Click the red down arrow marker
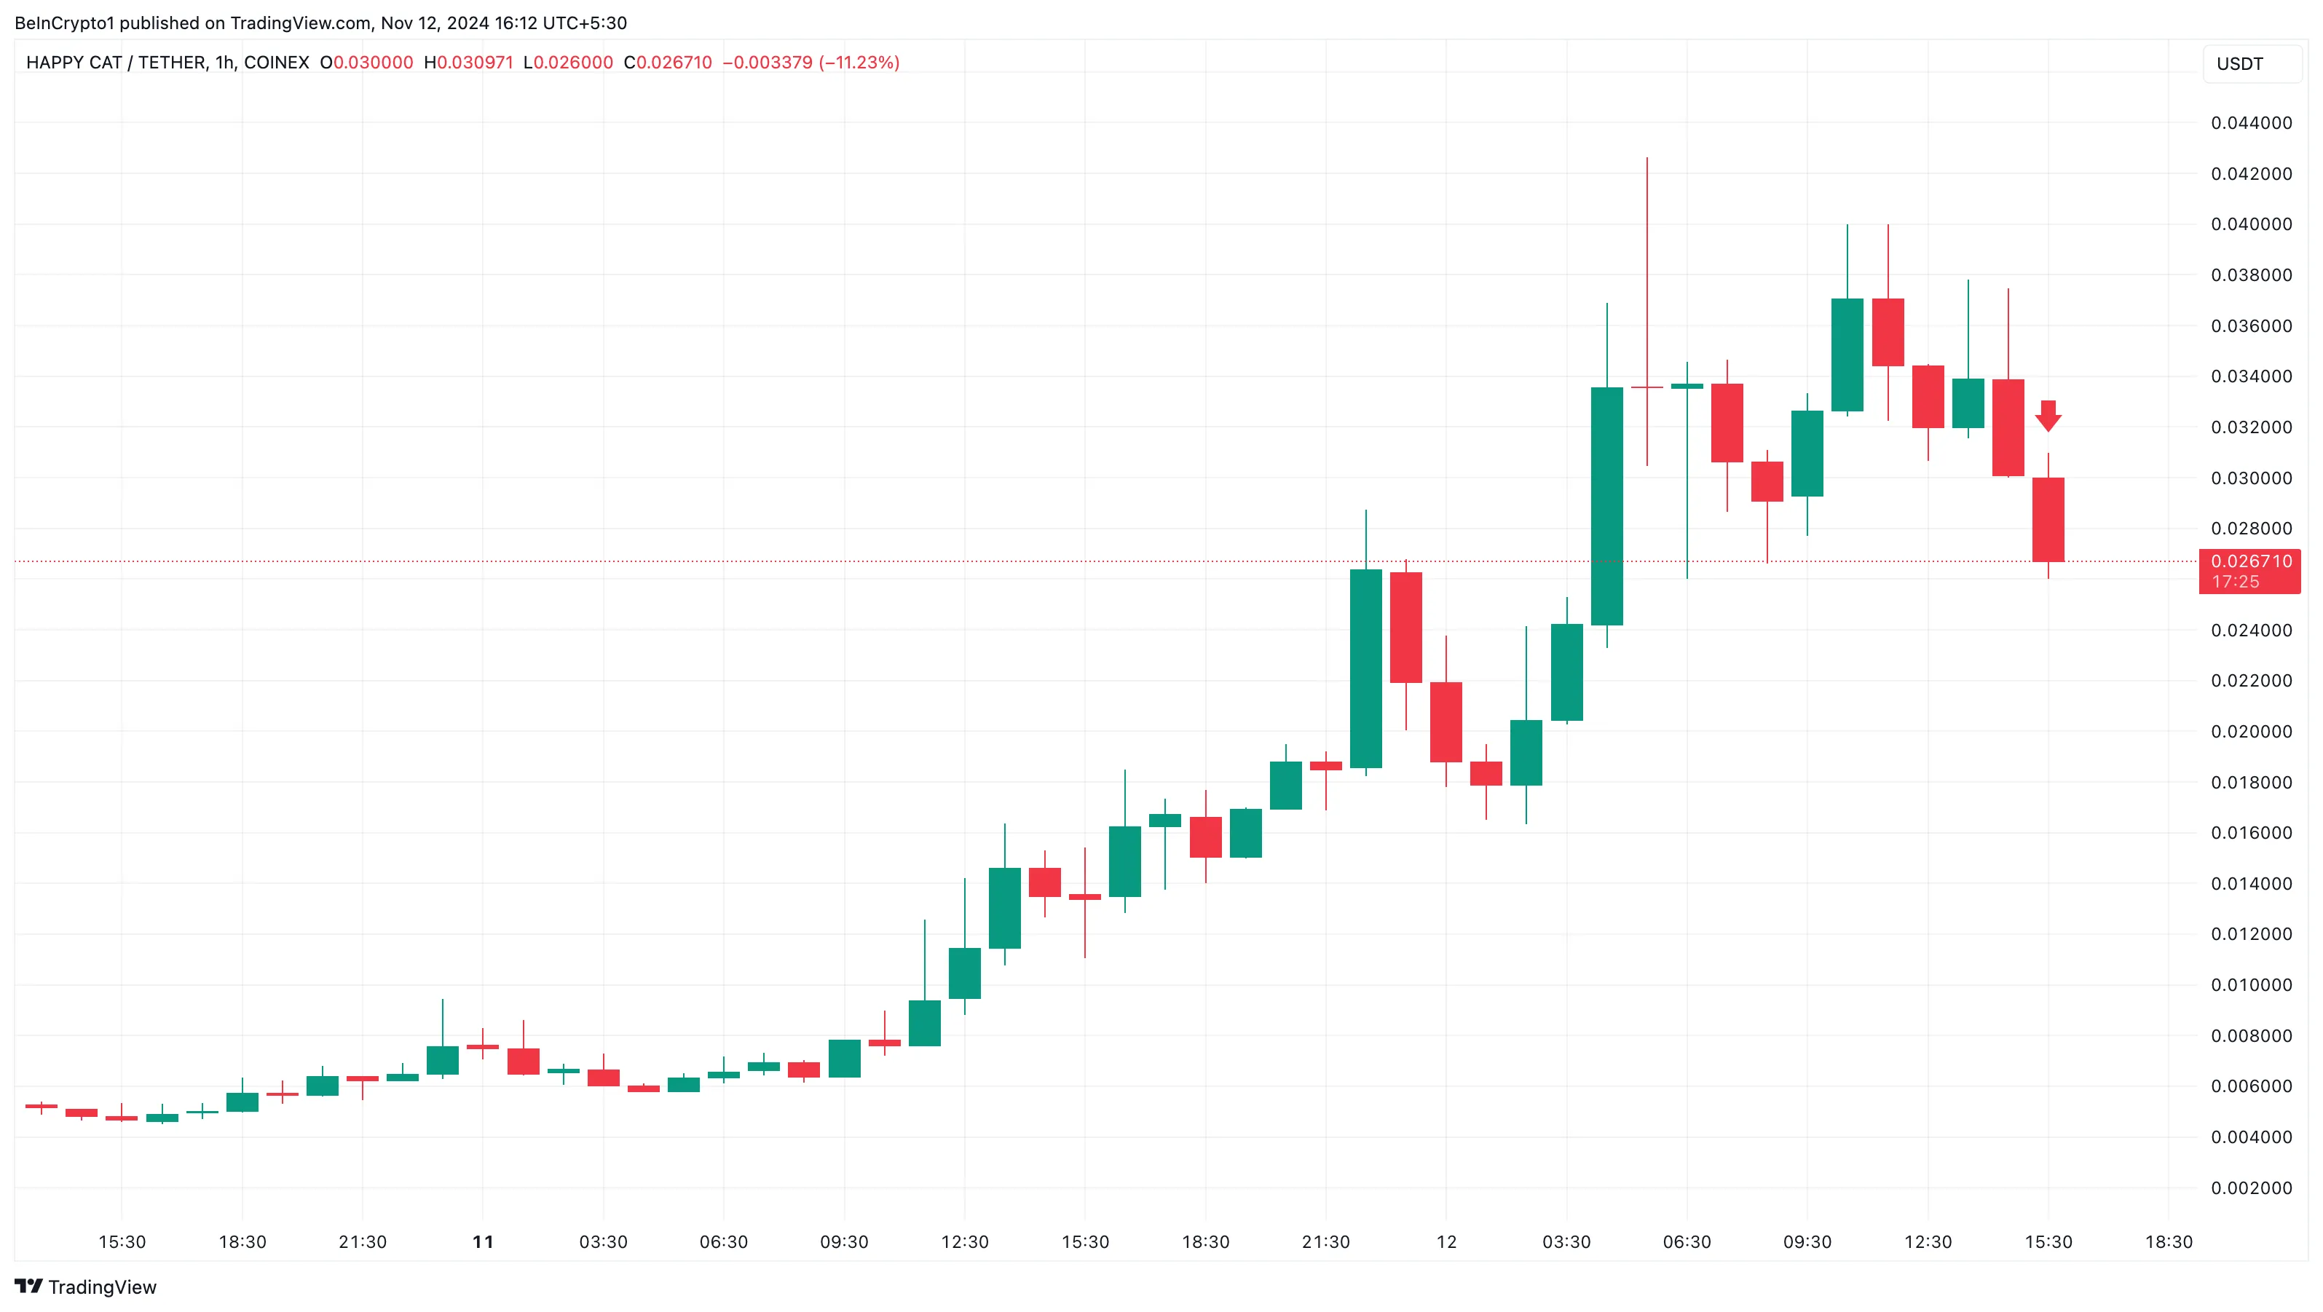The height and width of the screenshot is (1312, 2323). coord(2048,416)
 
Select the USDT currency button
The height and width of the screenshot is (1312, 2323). coord(2240,64)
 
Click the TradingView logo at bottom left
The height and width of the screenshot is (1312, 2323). coord(86,1287)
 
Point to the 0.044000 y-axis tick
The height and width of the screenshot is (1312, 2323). coord(2251,122)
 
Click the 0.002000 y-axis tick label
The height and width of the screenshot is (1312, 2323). coord(2251,1187)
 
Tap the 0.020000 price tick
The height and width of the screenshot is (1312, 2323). coord(2251,731)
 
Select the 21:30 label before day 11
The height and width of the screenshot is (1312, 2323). coord(363,1241)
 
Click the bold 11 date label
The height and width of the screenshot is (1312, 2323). coord(484,1241)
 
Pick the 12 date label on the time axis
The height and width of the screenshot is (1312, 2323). coord(1446,1241)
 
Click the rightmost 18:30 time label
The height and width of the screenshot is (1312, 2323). coord(2169,1241)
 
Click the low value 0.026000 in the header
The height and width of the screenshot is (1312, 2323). coord(574,62)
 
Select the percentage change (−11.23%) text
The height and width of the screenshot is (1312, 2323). coord(859,62)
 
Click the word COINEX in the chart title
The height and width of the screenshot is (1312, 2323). coord(277,62)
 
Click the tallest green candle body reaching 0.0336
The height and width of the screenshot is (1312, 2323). coord(1607,506)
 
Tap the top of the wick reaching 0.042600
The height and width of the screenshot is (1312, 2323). coord(1646,159)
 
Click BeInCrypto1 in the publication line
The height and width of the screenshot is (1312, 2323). coord(64,23)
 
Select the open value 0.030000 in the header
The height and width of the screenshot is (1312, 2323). coord(374,62)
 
